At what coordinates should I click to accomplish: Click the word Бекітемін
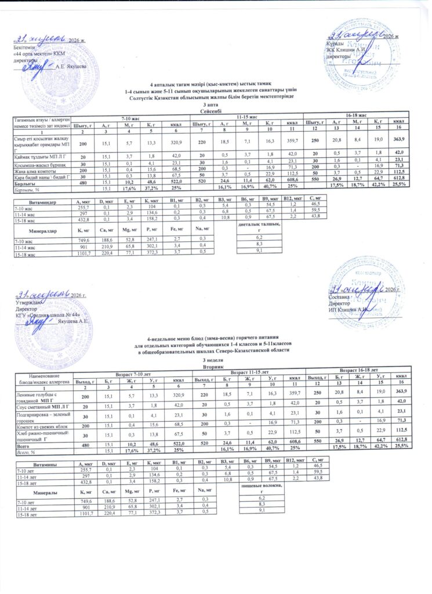tap(23, 46)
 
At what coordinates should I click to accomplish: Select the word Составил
tap(339, 296)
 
